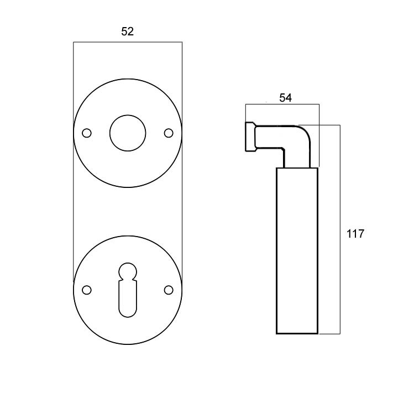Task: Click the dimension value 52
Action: (127, 32)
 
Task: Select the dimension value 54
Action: (285, 98)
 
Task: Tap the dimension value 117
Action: (355, 234)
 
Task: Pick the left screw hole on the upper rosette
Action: (87, 133)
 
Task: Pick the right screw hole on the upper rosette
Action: (169, 133)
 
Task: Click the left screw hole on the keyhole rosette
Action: (87, 290)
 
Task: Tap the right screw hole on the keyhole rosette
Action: (169, 290)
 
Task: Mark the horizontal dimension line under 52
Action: (128, 42)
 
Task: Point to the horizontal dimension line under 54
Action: (282, 104)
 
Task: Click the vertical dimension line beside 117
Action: (340, 229)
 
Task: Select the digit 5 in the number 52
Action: (124, 32)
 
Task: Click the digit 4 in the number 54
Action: (289, 98)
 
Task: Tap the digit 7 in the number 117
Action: (361, 234)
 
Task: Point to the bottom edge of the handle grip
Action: (297, 334)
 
